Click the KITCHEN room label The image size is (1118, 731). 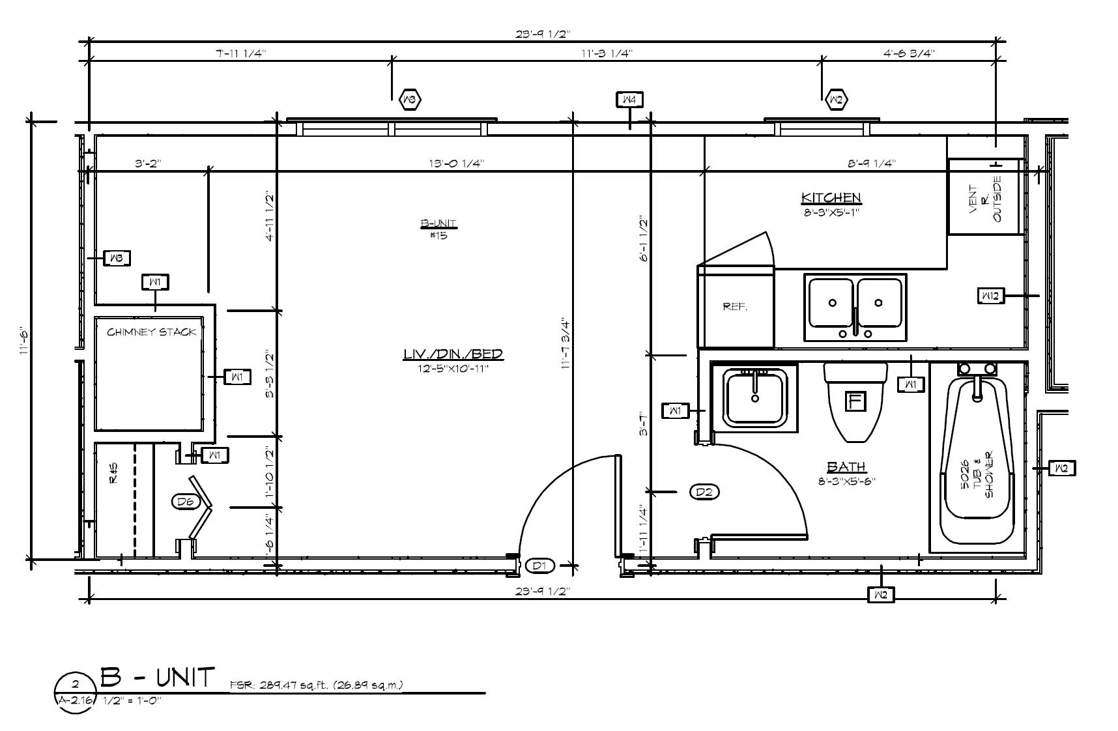point(831,197)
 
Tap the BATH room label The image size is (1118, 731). point(846,466)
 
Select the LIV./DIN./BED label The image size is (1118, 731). point(453,354)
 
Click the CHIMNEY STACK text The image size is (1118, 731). point(151,332)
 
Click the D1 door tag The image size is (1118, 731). point(539,566)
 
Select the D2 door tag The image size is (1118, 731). point(704,492)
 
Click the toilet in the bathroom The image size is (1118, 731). point(855,401)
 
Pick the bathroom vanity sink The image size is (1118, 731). point(755,397)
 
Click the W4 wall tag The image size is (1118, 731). point(630,100)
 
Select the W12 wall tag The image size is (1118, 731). point(990,296)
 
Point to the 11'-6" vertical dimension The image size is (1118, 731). point(24,340)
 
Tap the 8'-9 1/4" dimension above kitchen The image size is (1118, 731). point(872,164)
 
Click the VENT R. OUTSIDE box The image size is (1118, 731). point(984,196)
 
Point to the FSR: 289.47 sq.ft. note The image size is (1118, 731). point(317,685)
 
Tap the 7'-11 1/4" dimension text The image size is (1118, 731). point(240,53)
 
